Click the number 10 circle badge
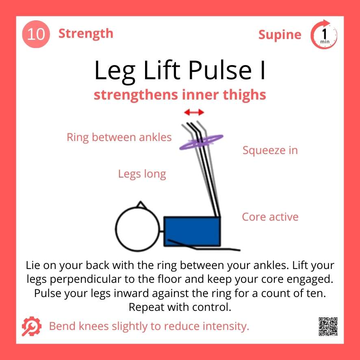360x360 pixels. pos(36,34)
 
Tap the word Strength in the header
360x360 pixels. pos(86,33)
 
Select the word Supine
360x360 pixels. pos(280,35)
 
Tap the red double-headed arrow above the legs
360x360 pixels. pos(194,112)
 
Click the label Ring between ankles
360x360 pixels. pos(119,137)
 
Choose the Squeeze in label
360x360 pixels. pos(270,150)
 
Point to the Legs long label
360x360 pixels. pos(142,174)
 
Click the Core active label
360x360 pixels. pos(270,217)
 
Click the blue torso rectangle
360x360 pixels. pos(192,230)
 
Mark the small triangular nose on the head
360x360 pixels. pos(141,204)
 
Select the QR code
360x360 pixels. pos(328,326)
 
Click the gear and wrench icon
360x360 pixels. pos(31,326)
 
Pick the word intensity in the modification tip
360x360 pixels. pos(225,326)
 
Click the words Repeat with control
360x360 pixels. pos(180,307)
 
